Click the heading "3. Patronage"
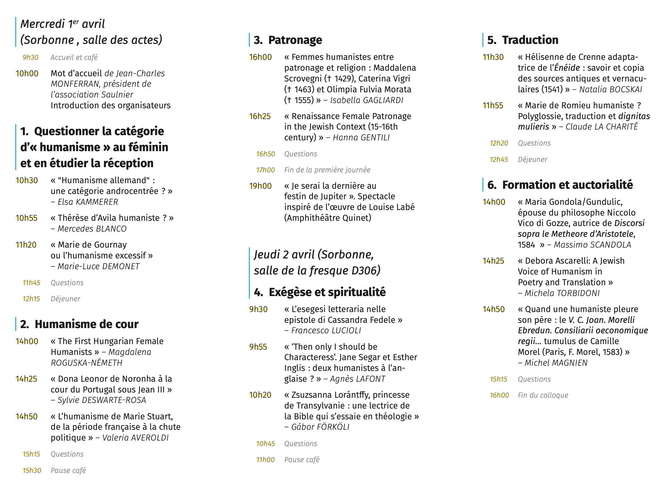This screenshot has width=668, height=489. [288, 40]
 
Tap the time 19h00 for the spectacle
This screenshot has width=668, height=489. [260, 186]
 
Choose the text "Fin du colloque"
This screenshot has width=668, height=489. [543, 395]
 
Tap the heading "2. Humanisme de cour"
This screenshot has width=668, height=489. [79, 324]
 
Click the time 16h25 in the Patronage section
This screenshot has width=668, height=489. [260, 116]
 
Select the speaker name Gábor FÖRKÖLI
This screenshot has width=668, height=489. [320, 427]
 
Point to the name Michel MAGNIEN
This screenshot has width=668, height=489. [556, 363]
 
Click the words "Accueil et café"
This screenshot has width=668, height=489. [74, 57]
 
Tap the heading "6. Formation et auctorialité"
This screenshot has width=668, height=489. [560, 185]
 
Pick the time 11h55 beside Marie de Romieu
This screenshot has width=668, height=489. [493, 106]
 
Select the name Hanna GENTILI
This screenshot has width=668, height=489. [361, 138]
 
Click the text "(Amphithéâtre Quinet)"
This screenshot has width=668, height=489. [327, 218]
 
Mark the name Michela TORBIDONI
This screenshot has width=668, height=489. [562, 293]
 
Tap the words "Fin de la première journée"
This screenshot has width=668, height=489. [327, 170]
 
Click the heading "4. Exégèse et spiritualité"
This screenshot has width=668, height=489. [320, 292]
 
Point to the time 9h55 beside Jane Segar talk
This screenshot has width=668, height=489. [258, 347]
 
